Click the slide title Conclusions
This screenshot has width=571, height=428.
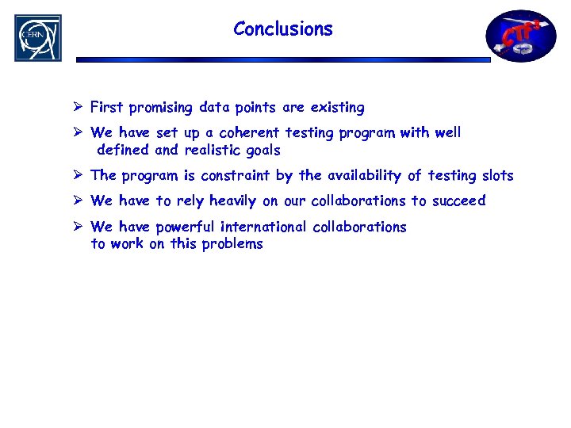click(x=283, y=29)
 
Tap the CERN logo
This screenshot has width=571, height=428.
click(x=37, y=37)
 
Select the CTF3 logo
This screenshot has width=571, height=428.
click(x=521, y=36)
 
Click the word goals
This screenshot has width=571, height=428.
click(x=264, y=151)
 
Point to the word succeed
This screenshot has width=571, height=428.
click(x=458, y=201)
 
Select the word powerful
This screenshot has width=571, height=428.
click(x=185, y=227)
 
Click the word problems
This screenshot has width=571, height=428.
click(x=232, y=244)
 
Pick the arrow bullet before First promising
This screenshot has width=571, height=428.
click(x=78, y=107)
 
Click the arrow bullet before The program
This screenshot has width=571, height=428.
click(x=78, y=175)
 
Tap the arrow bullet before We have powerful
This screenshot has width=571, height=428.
click(x=78, y=227)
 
